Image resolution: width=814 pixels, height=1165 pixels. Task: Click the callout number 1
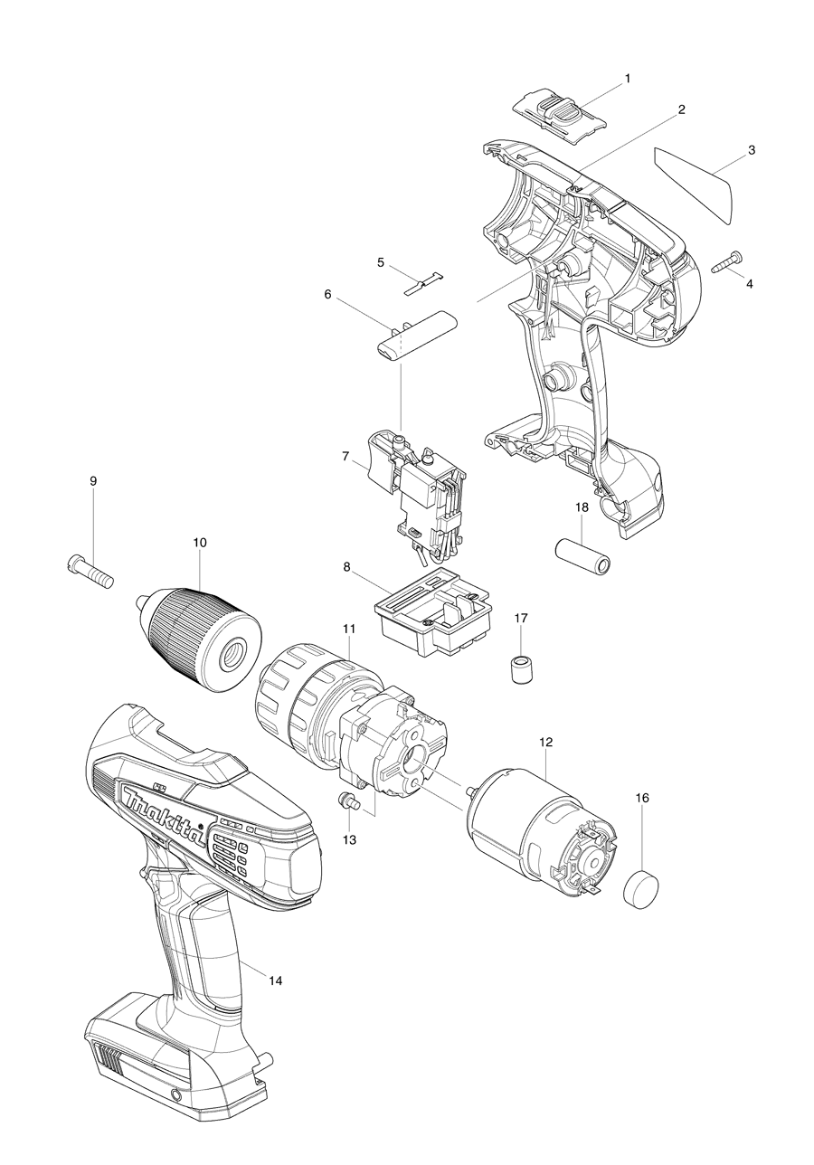[627, 79]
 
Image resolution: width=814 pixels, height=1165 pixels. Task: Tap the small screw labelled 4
[727, 262]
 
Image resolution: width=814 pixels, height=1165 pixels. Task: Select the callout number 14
[275, 980]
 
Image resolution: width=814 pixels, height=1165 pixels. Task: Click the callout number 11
[348, 628]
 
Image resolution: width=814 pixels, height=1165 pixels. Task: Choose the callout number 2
[681, 109]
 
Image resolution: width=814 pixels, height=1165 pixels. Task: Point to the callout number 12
[545, 742]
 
